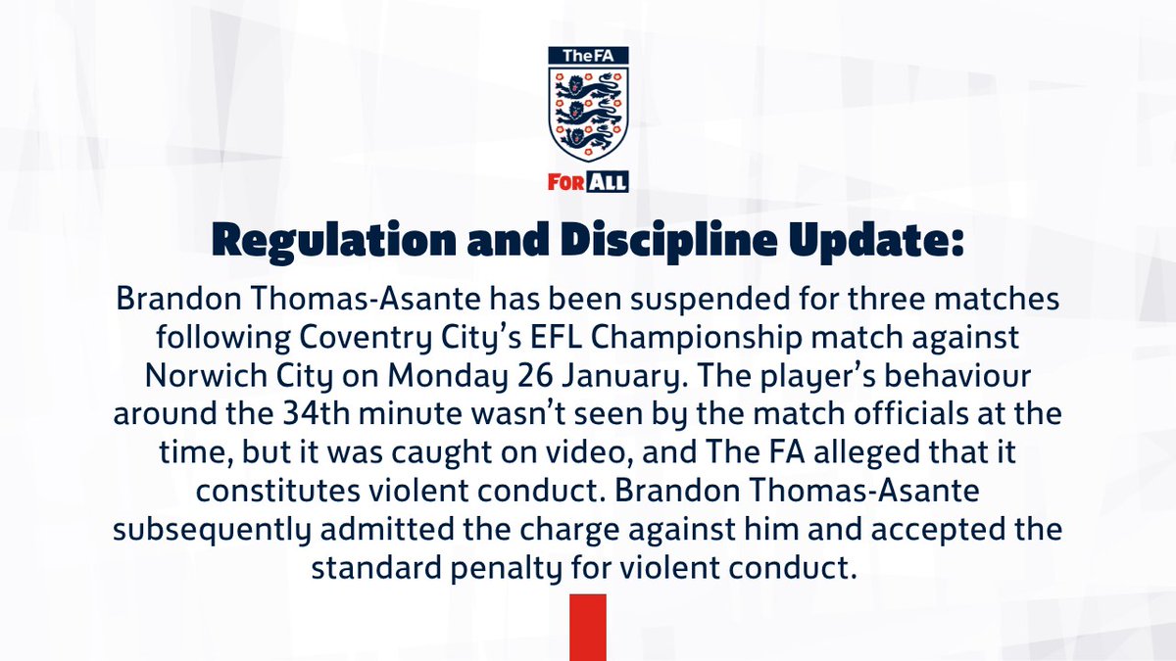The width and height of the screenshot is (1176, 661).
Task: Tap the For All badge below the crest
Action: point(588,182)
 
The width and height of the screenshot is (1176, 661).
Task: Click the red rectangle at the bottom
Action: point(588,627)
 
